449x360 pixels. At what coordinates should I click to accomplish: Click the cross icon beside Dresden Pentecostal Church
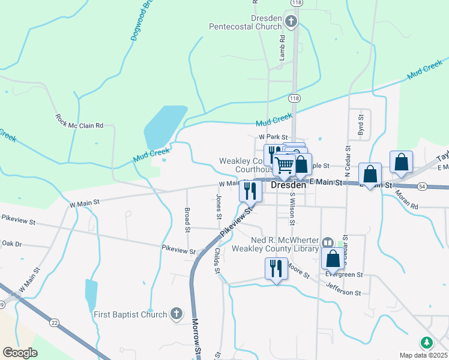(x=291, y=23)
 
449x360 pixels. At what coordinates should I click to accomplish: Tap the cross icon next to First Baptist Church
(x=176, y=313)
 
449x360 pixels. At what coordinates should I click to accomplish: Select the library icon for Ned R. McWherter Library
(x=328, y=242)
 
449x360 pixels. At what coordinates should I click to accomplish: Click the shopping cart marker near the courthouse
(x=285, y=164)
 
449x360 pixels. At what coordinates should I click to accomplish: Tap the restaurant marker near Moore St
(x=276, y=268)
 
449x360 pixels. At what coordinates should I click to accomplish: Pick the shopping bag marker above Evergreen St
(x=333, y=258)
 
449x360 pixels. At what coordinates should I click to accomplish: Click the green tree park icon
(x=426, y=343)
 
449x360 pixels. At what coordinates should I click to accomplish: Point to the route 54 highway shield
(x=423, y=187)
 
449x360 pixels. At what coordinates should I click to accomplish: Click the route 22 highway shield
(x=55, y=323)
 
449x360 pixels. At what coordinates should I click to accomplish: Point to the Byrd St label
(x=360, y=125)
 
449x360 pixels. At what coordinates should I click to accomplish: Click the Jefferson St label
(x=343, y=290)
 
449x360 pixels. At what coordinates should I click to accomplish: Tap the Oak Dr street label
(x=11, y=244)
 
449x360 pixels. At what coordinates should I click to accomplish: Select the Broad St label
(x=187, y=220)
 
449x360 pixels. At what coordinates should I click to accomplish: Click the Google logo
(x=20, y=353)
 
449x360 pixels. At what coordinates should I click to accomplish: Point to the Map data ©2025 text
(x=423, y=355)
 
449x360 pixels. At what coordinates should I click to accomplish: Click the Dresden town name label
(x=289, y=185)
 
